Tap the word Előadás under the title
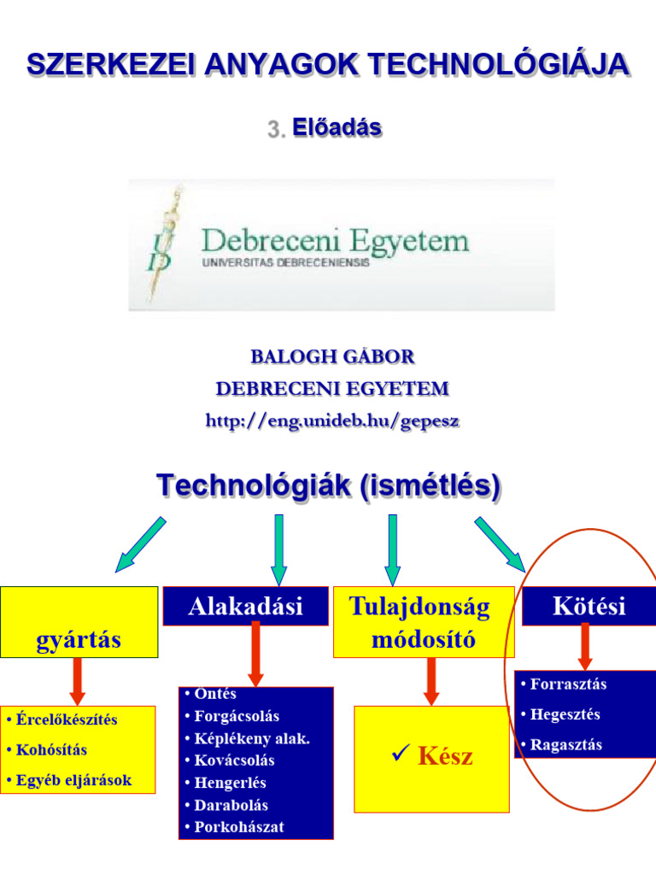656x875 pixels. click(337, 128)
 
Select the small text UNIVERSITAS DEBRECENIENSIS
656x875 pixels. click(286, 264)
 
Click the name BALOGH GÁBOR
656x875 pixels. click(331, 356)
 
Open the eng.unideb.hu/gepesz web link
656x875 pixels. click(331, 420)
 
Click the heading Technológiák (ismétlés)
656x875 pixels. click(329, 486)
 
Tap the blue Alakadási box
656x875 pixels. click(245, 606)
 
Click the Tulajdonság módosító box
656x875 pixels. click(424, 622)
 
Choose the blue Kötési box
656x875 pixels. click(589, 606)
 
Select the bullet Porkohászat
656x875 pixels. click(235, 827)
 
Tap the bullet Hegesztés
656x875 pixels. click(565, 714)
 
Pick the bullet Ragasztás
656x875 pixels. click(565, 744)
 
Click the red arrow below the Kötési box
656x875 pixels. click(585, 646)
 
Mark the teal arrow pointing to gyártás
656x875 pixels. click(140, 543)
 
